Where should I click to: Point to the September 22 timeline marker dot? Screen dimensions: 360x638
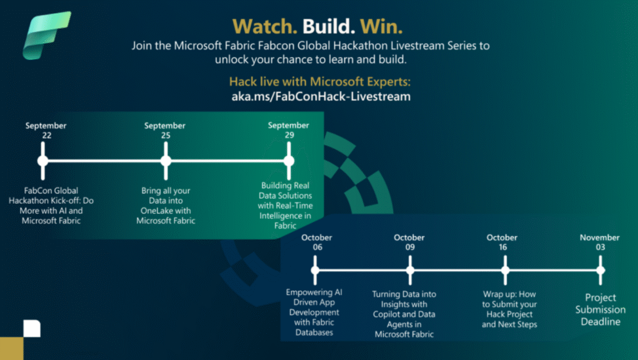click(x=43, y=161)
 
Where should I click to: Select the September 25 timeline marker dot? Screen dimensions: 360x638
click(x=165, y=161)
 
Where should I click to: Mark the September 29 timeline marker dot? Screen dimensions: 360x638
click(x=288, y=161)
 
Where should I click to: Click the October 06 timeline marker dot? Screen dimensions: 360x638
click(x=315, y=270)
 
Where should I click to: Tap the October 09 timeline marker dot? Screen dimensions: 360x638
click(x=409, y=270)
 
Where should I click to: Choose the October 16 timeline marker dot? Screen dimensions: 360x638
click(x=505, y=270)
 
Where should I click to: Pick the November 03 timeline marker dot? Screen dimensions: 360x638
click(x=600, y=270)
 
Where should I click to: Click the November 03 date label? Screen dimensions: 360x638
click(x=600, y=242)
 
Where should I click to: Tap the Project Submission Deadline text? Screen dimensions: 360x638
click(x=600, y=310)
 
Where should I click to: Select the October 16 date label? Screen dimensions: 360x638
click(x=502, y=242)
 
